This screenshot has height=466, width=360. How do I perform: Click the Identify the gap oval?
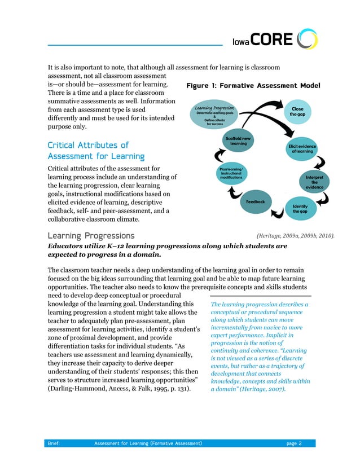(x=300, y=209)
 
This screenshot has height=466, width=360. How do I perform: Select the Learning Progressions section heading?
(x=91, y=235)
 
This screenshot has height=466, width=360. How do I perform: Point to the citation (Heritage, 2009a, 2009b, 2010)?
(x=295, y=236)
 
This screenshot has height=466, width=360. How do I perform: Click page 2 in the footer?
(x=293, y=443)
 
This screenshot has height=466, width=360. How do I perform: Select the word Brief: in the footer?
(x=55, y=443)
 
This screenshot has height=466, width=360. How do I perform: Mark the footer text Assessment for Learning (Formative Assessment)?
(x=149, y=443)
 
